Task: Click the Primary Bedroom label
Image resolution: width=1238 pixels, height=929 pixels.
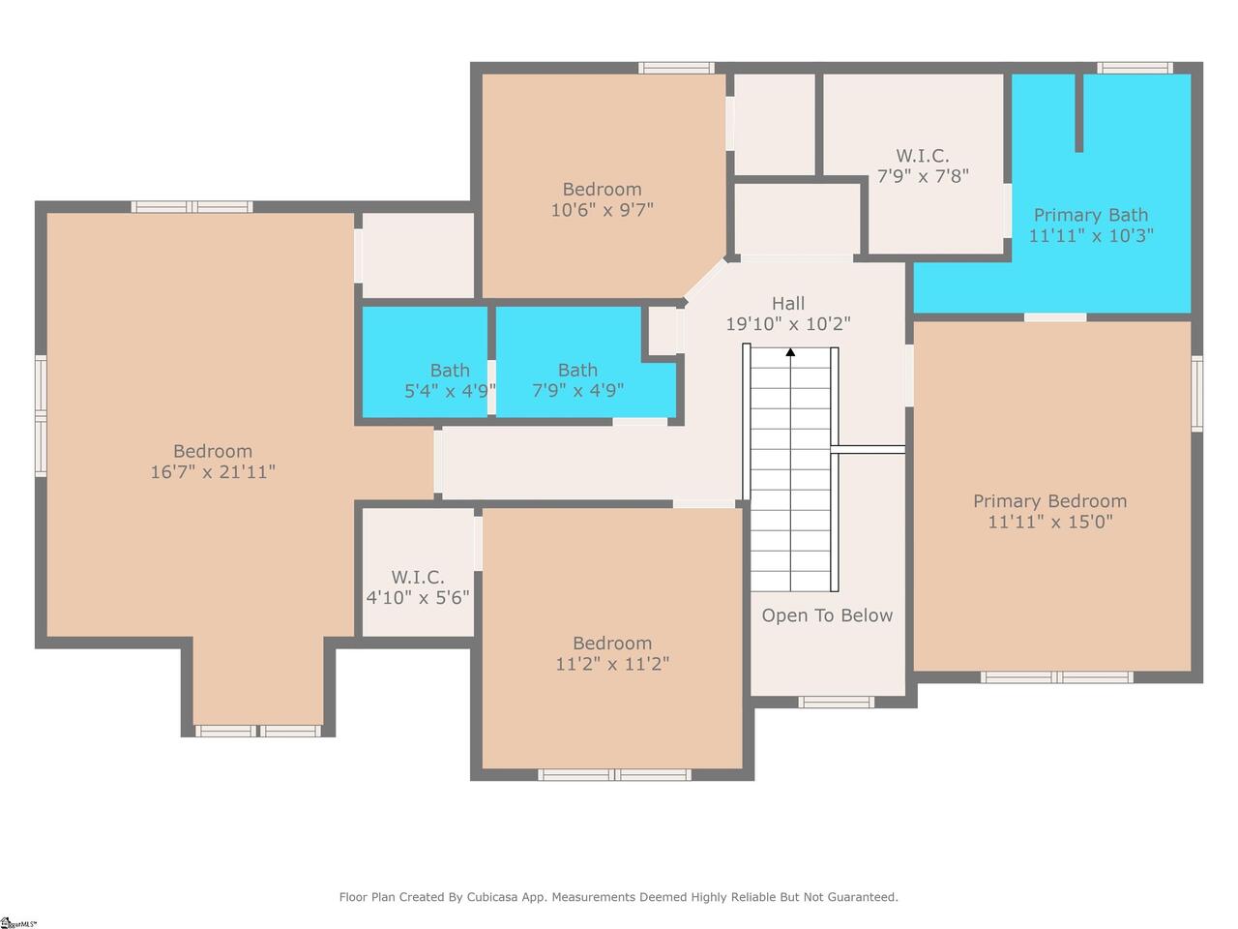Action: click(1049, 501)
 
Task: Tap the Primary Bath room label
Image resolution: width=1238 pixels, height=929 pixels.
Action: click(1091, 215)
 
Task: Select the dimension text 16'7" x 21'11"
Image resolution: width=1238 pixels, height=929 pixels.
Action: click(213, 471)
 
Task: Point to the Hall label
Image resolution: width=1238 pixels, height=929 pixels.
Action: click(788, 304)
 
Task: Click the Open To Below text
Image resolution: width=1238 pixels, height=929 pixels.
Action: click(827, 615)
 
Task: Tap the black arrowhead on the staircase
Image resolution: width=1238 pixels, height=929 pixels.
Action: click(790, 352)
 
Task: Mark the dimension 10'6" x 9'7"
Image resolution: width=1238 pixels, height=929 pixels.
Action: click(602, 210)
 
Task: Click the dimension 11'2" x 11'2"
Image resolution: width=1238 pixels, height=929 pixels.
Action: click(612, 664)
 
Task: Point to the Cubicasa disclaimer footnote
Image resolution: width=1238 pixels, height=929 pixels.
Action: click(618, 897)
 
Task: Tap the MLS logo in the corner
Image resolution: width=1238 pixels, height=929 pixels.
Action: click(18, 923)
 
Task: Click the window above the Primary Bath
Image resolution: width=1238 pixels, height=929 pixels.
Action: click(1135, 69)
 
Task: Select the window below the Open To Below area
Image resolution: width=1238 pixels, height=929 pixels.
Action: click(836, 702)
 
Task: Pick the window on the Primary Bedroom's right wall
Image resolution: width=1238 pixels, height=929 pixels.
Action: click(1196, 394)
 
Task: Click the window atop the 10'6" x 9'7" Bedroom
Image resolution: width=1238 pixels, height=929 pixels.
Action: click(676, 69)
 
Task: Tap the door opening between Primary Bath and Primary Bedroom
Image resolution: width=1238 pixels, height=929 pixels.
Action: click(1055, 317)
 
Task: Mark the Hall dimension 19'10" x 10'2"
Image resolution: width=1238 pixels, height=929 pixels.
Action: click(788, 324)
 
